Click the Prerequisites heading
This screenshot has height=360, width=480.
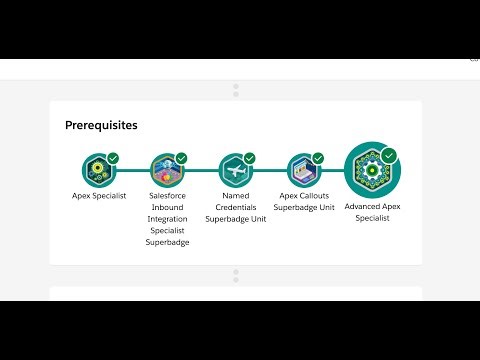(101, 125)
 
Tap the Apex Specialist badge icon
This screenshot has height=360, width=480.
(99, 169)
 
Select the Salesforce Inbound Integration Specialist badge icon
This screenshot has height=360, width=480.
(166, 169)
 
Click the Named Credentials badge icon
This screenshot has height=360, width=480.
(234, 169)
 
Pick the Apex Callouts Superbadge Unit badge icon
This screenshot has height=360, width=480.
(302, 169)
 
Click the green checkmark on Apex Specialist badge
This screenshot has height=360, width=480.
(113, 158)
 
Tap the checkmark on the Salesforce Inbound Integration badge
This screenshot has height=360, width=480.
(181, 158)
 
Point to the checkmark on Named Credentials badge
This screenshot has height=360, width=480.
(249, 158)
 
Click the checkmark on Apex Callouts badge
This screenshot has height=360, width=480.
(317, 158)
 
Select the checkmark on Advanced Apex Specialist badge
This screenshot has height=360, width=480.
(389, 155)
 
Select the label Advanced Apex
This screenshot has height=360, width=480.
(372, 206)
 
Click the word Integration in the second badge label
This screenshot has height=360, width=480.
(168, 218)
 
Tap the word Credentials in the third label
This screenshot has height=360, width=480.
(234, 206)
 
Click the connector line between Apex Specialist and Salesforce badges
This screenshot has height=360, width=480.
(133, 170)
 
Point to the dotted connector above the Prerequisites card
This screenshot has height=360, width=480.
(236, 91)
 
